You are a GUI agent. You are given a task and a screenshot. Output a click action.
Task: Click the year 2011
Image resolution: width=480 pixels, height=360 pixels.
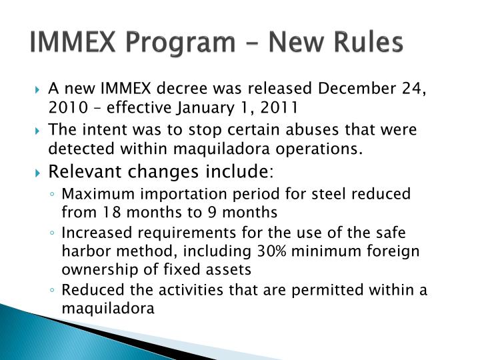point(279,107)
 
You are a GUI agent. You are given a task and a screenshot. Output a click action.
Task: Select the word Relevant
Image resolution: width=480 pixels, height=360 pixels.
point(81,173)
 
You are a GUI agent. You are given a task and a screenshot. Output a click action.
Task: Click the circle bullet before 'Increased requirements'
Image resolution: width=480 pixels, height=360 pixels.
point(54,233)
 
